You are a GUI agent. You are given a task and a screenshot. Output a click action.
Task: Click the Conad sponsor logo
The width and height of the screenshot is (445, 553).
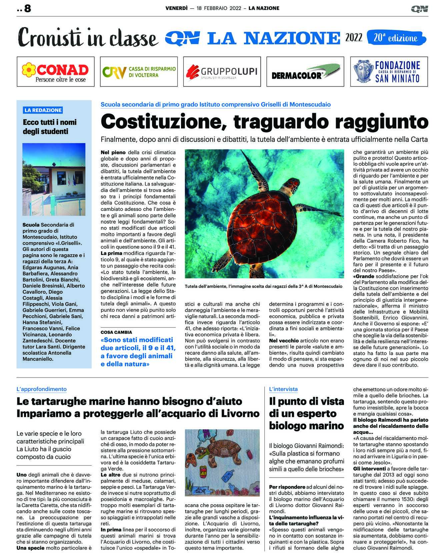tap(55, 71)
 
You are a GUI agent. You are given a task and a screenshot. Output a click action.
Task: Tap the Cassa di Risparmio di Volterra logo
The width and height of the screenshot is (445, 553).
tap(139, 71)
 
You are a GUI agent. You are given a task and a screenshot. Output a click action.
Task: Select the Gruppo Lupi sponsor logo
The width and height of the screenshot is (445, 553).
tap(222, 71)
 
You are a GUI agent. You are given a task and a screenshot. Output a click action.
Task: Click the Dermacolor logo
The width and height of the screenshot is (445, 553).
tap(305, 71)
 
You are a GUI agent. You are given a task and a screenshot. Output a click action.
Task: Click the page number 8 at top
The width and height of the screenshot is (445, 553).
tap(27, 8)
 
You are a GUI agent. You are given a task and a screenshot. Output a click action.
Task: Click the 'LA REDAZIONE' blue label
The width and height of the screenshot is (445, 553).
tap(43, 110)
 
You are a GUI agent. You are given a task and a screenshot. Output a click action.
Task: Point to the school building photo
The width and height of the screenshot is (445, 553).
tap(54, 179)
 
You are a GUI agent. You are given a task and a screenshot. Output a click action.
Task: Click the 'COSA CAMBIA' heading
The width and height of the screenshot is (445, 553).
tap(116, 332)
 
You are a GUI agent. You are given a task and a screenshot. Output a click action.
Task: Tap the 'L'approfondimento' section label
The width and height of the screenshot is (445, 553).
tap(42, 389)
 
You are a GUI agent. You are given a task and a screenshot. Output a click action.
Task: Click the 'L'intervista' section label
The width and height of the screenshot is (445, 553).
tap(283, 389)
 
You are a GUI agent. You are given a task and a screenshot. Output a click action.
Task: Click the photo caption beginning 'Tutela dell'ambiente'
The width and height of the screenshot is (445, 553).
tap(263, 286)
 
